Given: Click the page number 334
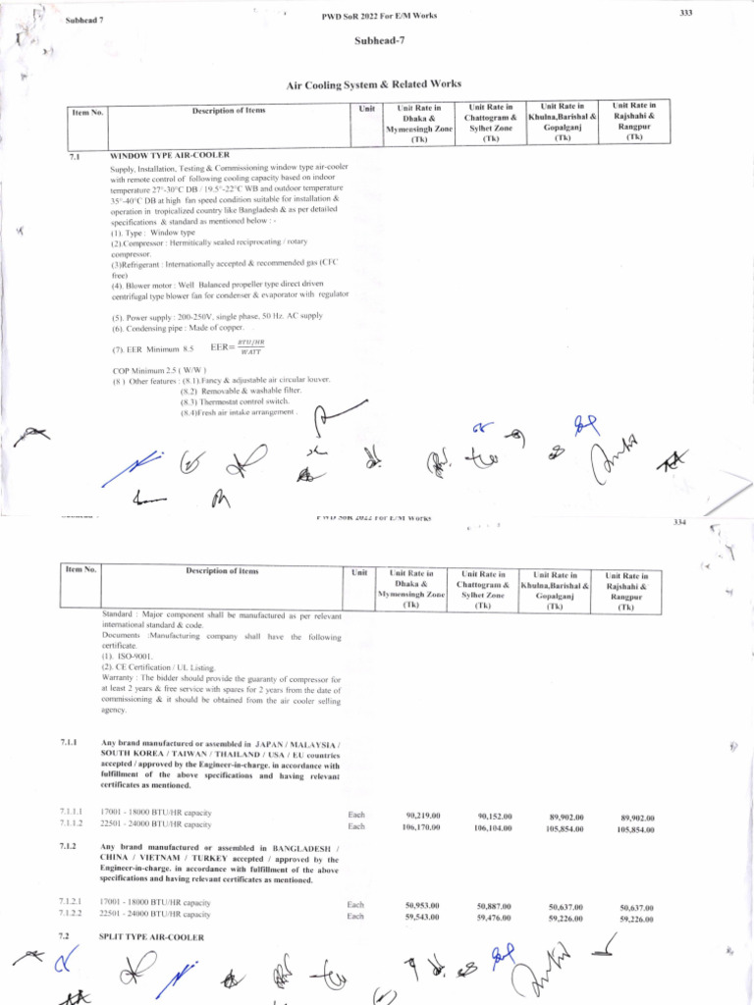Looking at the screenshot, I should pos(678,522).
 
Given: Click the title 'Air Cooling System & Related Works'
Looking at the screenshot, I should pos(373,85).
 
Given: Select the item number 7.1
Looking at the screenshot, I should pos(75,156).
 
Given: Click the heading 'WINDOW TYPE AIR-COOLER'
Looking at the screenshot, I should pos(170,155).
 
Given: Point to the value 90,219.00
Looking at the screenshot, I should pos(422,816).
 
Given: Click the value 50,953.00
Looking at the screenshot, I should pos(422,905).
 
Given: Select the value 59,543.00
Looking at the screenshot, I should pos(422,917).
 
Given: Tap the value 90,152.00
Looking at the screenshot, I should pos(494,817).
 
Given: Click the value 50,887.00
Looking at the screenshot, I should pos(494,905).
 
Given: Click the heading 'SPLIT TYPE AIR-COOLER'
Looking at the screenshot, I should pos(152,937).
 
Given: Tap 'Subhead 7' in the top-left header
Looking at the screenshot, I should pos(84,21).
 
